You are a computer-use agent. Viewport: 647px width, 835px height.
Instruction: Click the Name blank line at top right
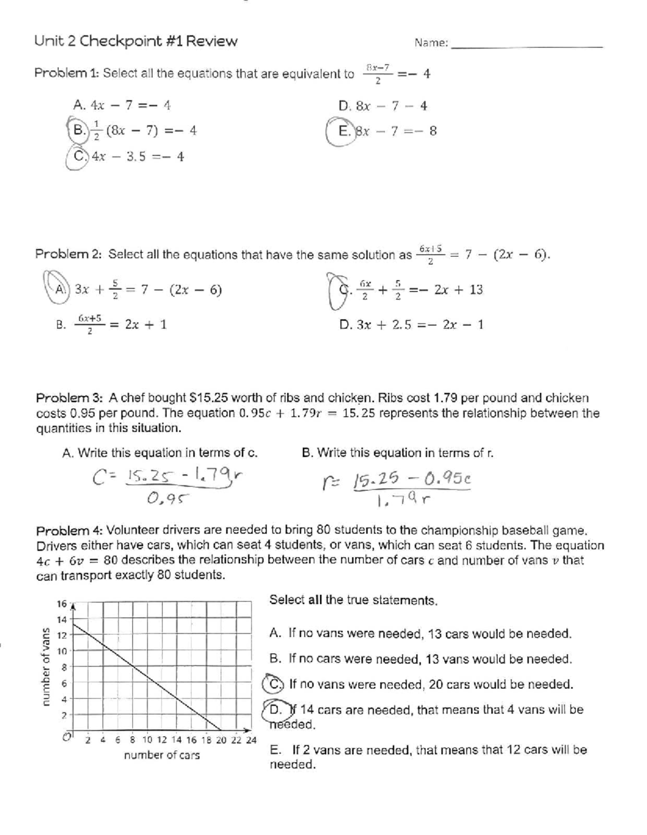click(x=526, y=47)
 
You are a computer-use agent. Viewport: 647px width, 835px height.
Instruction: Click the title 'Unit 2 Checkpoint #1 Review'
click(x=135, y=42)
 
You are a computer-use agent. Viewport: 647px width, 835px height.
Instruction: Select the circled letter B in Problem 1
click(x=79, y=130)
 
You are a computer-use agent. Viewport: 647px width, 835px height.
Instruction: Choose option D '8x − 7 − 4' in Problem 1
click(x=383, y=106)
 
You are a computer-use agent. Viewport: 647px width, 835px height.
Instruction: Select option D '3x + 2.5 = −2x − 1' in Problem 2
click(x=411, y=325)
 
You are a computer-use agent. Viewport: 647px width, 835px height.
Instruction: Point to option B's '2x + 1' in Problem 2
click(x=146, y=325)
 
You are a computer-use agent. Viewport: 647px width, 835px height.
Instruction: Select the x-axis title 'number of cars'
click(x=162, y=755)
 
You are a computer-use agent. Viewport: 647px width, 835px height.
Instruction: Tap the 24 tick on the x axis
click(x=251, y=740)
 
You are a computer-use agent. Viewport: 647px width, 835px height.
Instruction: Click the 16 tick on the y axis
click(x=61, y=604)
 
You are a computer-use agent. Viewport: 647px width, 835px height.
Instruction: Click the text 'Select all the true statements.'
click(x=353, y=600)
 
